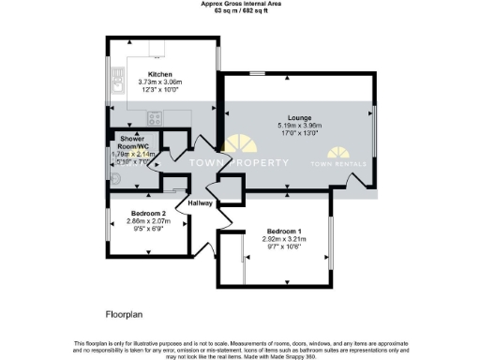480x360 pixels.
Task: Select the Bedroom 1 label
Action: pos(284,231)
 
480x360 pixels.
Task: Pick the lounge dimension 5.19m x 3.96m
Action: pos(299,126)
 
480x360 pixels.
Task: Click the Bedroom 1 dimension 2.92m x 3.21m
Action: pos(284,239)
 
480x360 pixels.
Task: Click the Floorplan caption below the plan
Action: pos(124,308)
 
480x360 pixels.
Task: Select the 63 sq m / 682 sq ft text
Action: pos(239,10)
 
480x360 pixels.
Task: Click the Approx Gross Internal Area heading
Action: pos(239,4)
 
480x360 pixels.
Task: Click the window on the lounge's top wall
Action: pos(256,73)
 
